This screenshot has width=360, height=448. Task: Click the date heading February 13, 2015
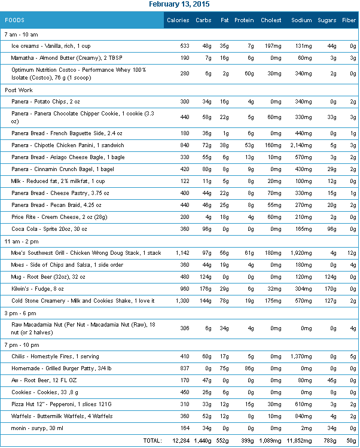179,4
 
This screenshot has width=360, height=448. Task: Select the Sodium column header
301,20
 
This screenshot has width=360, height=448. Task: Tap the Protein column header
244,20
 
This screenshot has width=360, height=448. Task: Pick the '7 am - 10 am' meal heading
21,34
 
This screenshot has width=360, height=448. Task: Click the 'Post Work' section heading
19,90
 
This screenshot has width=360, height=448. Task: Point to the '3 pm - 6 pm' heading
21,313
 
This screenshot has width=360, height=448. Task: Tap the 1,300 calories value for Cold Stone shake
179,300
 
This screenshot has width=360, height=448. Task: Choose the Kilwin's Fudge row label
39,289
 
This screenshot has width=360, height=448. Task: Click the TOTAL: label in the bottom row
152,440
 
